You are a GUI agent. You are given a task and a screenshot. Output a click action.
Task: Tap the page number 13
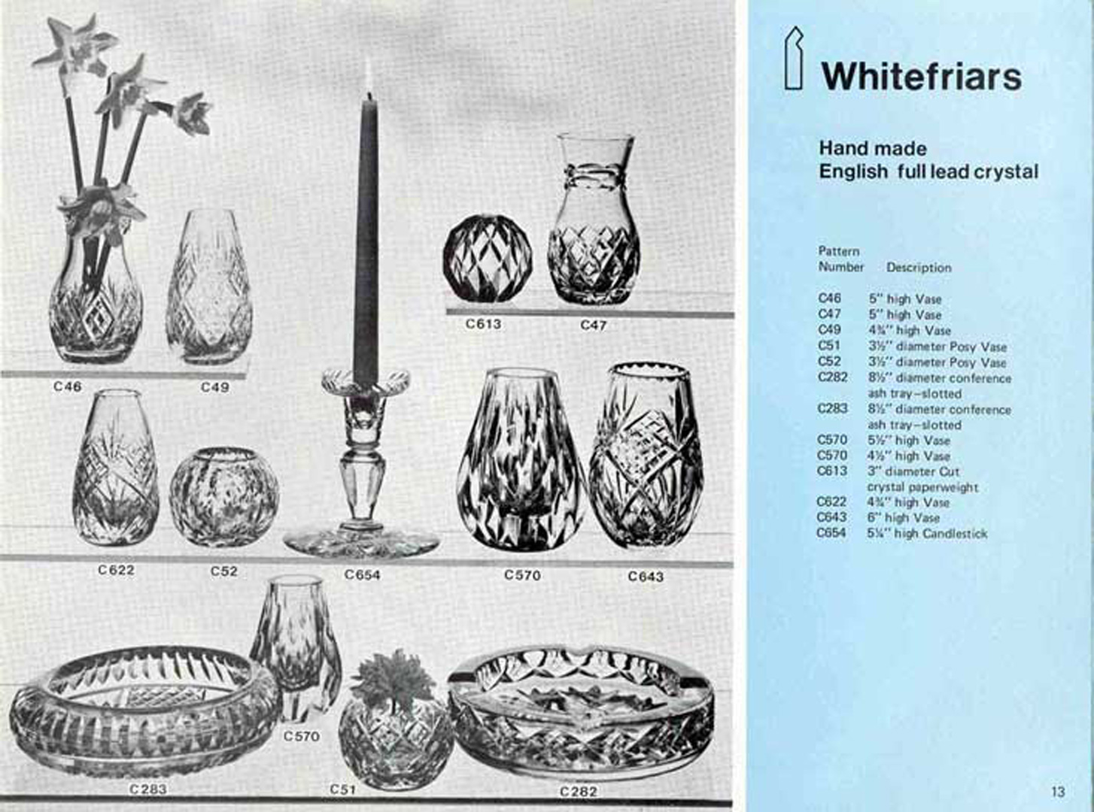tap(1058, 792)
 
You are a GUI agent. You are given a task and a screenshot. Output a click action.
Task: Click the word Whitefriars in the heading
tap(921, 77)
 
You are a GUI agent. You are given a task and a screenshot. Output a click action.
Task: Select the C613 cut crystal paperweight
tap(488, 257)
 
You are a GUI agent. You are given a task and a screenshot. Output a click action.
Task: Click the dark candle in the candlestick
tap(366, 231)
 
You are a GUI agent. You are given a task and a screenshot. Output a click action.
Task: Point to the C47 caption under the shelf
tap(594, 325)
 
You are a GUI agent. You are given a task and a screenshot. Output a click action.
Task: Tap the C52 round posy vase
tap(224, 496)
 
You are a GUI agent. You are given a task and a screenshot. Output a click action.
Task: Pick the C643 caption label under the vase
tap(646, 577)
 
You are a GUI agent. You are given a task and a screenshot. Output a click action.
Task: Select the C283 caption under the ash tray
tap(147, 789)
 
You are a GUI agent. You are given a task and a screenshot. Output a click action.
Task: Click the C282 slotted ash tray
tap(581, 717)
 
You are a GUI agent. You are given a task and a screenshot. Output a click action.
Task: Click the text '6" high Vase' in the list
tap(904, 518)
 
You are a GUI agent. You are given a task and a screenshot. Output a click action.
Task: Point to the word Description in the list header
tap(919, 268)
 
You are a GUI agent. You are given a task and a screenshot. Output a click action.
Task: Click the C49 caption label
tap(215, 387)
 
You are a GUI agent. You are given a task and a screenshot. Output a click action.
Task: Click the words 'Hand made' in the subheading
tap(873, 148)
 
